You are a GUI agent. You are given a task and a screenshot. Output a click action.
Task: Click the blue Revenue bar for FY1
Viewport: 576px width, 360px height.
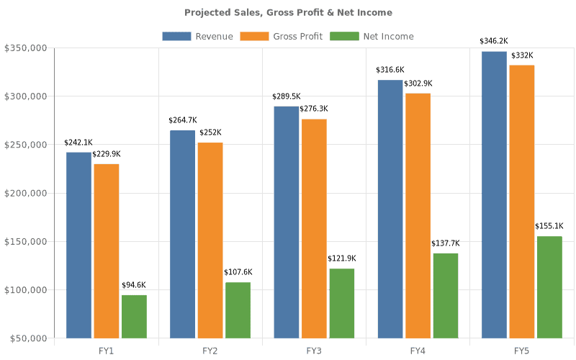pos(78,245)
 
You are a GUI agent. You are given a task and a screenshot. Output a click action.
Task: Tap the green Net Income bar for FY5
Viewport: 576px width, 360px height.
pos(549,287)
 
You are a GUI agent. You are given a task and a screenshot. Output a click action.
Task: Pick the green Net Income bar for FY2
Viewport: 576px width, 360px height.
pos(238,310)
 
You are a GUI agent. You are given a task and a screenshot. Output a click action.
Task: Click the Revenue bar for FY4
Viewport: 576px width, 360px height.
pos(390,209)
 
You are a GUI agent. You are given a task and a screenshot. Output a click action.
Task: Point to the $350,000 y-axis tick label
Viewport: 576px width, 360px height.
pos(26,48)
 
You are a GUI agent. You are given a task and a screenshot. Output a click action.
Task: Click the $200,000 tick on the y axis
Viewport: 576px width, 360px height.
pos(26,193)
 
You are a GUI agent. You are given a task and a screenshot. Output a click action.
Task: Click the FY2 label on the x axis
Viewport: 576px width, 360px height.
pos(210,351)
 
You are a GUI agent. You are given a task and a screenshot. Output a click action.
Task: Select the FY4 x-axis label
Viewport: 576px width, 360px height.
pos(418,351)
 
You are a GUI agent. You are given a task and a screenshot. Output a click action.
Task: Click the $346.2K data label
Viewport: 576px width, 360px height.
pos(495,41)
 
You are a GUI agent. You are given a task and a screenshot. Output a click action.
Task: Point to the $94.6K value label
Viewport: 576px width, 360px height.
pos(134,284)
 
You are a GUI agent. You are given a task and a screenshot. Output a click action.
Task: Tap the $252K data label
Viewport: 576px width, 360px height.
pos(210,132)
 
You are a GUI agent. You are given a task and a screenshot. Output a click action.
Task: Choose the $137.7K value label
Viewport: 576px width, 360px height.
pos(446,243)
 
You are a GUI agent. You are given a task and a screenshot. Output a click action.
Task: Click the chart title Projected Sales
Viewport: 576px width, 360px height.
pos(288,12)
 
